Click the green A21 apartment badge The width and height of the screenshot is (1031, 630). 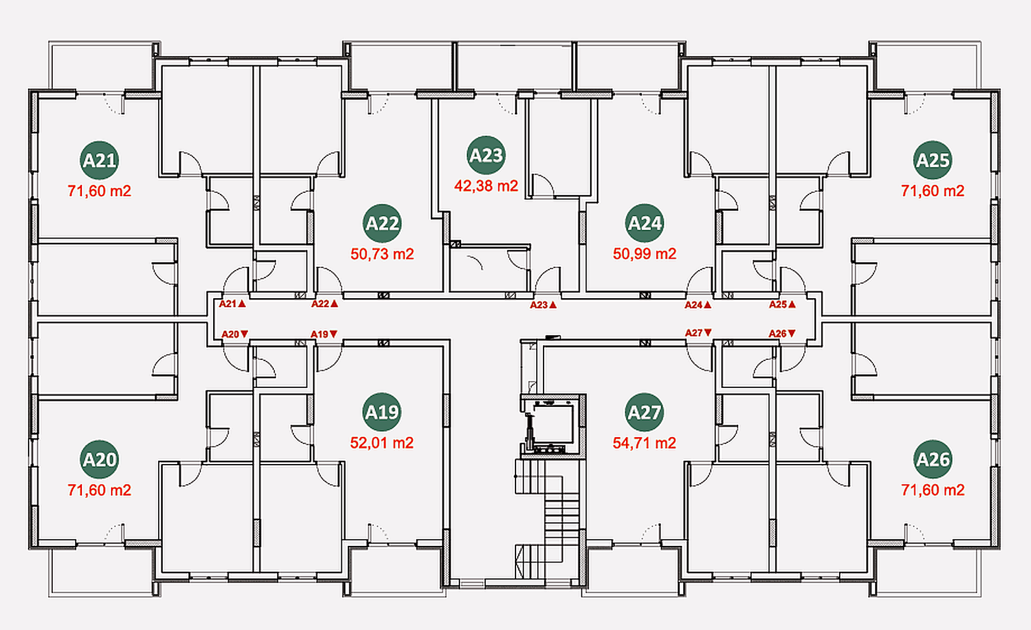click(x=100, y=160)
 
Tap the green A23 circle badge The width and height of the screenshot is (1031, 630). click(x=486, y=155)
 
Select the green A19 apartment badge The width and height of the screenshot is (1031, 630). click(x=382, y=412)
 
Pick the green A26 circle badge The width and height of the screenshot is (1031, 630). click(x=933, y=459)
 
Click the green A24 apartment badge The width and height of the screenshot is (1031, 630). click(x=645, y=223)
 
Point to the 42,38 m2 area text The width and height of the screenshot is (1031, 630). click(x=486, y=186)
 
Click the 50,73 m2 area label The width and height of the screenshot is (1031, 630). click(x=382, y=254)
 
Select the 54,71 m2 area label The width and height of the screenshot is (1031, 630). click(x=644, y=443)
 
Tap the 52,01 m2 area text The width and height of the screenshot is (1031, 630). click(x=382, y=443)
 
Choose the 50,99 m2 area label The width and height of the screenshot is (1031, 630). click(x=645, y=254)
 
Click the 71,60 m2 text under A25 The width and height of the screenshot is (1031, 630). click(x=933, y=191)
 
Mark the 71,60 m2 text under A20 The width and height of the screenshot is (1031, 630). click(x=100, y=490)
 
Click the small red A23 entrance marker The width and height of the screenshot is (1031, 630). click(x=543, y=305)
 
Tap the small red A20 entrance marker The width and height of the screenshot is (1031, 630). click(x=235, y=334)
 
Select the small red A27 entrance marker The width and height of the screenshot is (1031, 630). click(x=699, y=332)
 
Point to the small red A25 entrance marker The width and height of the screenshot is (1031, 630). click(x=782, y=304)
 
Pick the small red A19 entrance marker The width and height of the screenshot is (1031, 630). click(x=324, y=334)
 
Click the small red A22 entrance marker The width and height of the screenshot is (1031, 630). click(x=325, y=304)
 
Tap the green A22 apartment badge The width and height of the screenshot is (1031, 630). click(x=382, y=223)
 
